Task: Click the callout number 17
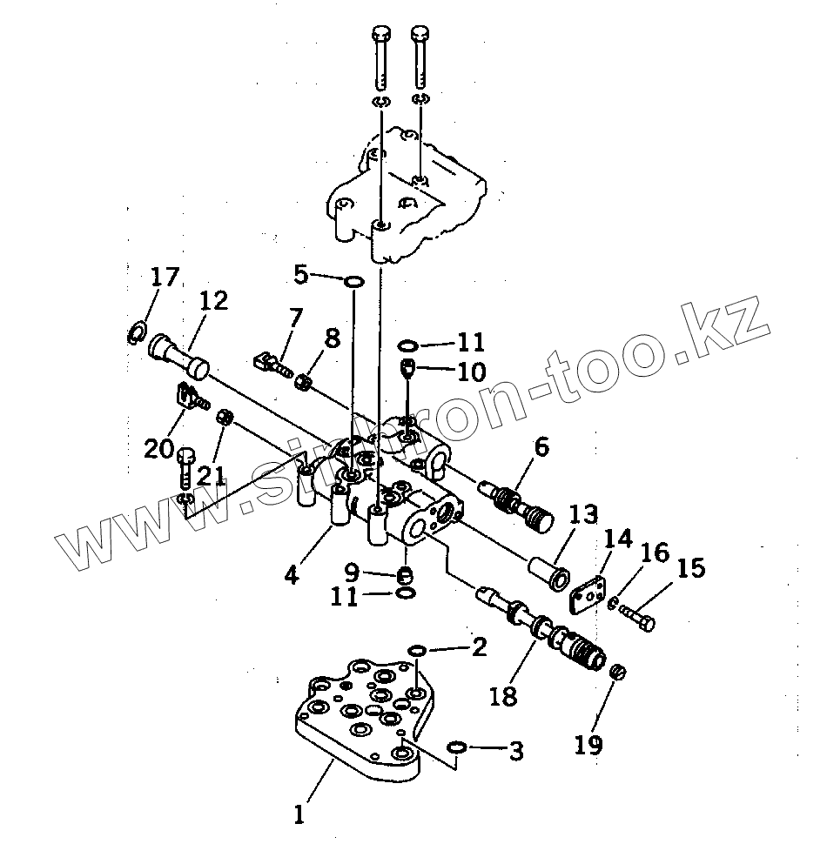click(164, 278)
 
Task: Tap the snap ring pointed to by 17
click(136, 332)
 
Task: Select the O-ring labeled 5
click(354, 281)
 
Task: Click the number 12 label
click(212, 301)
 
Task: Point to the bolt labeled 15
click(641, 620)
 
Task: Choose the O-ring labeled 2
click(417, 650)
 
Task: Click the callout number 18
click(503, 696)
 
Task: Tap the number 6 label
click(541, 448)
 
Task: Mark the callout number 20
click(159, 449)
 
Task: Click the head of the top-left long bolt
click(380, 36)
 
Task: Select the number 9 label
click(351, 573)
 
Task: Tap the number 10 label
click(471, 372)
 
